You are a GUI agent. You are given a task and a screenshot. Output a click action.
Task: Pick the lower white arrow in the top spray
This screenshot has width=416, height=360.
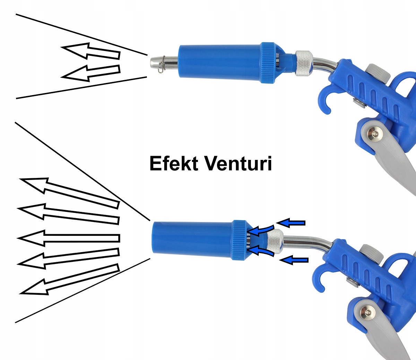point(91,72)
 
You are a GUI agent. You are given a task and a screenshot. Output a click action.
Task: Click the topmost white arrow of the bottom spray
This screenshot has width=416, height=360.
point(69,192)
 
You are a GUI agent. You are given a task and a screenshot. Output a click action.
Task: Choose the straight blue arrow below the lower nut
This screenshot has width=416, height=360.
point(294,260)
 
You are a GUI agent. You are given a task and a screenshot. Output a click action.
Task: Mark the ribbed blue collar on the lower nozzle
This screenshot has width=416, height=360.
point(239,240)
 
